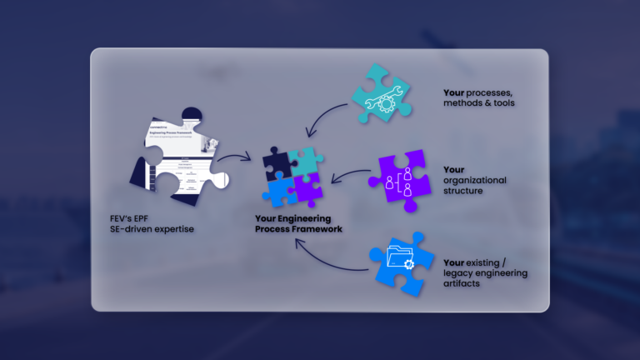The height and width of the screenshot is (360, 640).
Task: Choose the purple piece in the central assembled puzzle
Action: [306, 188]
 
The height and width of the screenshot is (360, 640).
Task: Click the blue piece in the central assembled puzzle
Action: [279, 191]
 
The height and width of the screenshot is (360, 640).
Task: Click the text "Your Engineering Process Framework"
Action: [297, 224]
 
